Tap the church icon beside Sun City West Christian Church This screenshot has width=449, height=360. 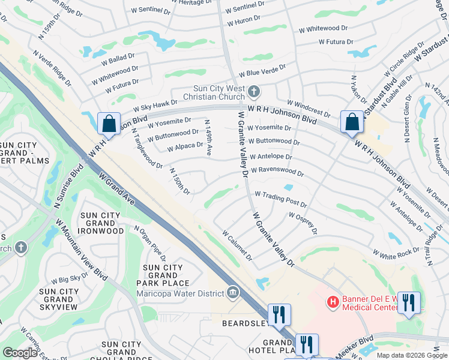coord(254,92)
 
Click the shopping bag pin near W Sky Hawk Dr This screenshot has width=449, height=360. coord(109,124)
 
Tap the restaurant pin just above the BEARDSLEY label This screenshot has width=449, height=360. coord(279,314)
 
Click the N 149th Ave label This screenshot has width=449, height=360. coord(208,138)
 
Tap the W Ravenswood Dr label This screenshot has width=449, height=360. coord(277,172)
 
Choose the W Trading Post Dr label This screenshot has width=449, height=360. coord(280,199)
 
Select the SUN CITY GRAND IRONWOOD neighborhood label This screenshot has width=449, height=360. coord(97,223)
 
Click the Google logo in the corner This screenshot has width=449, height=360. coord(20,352)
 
